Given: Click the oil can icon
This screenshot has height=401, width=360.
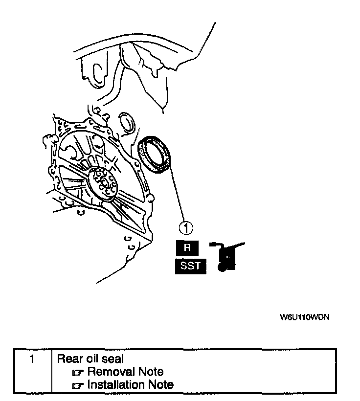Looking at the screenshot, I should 225,257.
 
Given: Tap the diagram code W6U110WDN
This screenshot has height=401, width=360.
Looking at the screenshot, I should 304,317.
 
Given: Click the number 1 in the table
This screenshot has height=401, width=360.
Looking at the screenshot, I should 31,359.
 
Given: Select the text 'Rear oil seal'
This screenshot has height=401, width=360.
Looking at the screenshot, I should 88,359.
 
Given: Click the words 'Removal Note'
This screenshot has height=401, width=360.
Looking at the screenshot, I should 125,372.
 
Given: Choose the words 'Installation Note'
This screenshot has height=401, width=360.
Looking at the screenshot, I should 130,384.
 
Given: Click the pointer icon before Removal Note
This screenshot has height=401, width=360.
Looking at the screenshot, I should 78,373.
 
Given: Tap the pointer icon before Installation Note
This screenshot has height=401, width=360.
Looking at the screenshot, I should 78,385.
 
